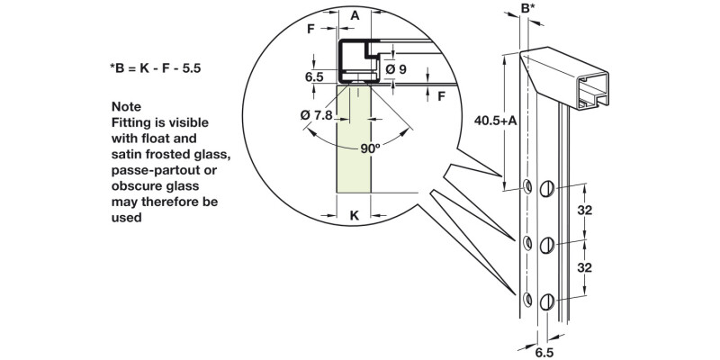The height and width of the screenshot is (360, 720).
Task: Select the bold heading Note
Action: tap(127, 106)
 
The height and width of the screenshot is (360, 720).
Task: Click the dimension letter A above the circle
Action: tap(355, 15)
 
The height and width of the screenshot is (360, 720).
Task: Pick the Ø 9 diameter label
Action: tap(397, 68)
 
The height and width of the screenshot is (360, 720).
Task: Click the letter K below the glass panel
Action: tap(354, 216)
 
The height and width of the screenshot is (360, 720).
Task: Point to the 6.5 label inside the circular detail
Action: tap(314, 77)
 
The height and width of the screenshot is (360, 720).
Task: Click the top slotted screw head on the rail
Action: tap(548, 190)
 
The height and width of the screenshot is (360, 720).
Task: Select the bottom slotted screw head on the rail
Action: tap(548, 302)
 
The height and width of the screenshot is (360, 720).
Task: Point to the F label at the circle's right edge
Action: tap(442, 94)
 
